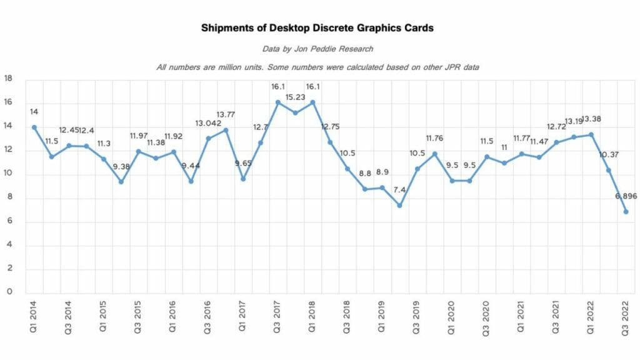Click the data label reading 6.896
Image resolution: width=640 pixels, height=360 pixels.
coord(625,196)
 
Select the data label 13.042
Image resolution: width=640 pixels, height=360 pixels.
coord(208,122)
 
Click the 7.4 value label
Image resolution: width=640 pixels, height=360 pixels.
coord(400,189)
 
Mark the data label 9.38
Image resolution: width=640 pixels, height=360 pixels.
coord(121,166)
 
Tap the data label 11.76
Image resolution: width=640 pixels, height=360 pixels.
coord(434,138)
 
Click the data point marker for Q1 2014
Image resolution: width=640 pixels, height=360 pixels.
coord(34,127)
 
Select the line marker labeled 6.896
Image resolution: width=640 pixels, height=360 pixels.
coord(626,212)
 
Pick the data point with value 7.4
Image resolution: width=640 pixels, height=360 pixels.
coord(399,206)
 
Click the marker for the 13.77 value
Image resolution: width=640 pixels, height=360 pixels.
coord(226,130)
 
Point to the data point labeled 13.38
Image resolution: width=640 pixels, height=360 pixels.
coord(591,134)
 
